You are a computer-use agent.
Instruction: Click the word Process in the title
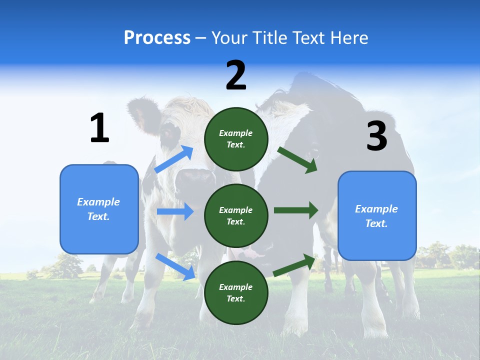(157, 38)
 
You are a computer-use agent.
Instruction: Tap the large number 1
(99, 128)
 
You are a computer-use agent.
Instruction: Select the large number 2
(236, 75)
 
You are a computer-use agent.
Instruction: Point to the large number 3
(376, 136)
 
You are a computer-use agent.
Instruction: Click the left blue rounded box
(99, 209)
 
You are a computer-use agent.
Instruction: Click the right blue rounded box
(377, 216)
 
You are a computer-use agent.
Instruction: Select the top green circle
(236, 139)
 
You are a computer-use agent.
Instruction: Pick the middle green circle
(236, 216)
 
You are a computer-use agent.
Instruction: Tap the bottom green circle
(236, 292)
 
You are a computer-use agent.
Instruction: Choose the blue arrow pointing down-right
(175, 266)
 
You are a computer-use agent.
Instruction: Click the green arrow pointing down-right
(297, 160)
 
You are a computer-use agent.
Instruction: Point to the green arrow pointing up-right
(294, 265)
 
